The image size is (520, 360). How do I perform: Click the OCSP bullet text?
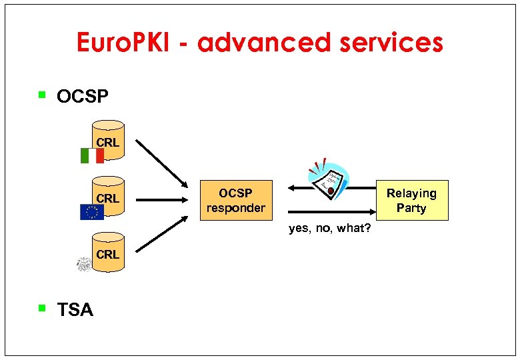click(82, 97)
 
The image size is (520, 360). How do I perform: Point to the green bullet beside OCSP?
click(42, 95)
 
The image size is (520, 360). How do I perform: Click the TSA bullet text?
click(75, 310)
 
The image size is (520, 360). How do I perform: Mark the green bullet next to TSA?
click(42, 308)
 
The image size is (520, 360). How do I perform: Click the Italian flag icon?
click(92, 155)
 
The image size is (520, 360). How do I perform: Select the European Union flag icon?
click(92, 212)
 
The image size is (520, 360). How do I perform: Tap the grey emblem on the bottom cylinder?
click(85, 265)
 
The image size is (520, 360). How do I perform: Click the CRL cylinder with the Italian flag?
click(109, 139)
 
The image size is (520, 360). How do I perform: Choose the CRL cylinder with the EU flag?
click(109, 195)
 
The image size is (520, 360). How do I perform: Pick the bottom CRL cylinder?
click(109, 251)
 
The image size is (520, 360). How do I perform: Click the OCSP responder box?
click(236, 200)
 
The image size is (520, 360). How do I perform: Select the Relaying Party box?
click(411, 200)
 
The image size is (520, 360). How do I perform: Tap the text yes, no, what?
click(330, 229)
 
